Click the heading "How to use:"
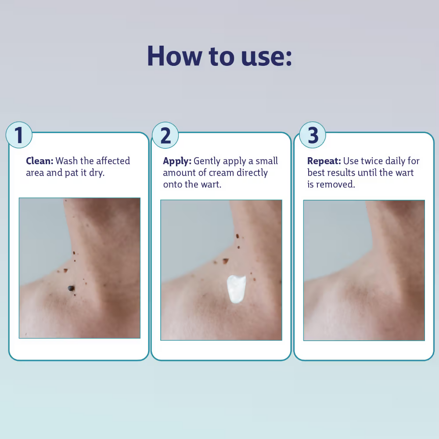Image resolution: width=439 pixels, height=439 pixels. click(219, 56)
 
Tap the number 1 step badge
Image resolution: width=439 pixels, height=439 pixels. click(19, 135)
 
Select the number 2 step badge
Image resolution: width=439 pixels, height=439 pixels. click(165, 135)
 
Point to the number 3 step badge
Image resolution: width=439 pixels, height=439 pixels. click(313, 135)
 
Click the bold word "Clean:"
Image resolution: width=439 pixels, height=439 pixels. click(40, 161)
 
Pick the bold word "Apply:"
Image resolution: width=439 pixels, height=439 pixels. click(177, 162)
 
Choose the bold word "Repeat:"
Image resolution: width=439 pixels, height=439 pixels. click(324, 162)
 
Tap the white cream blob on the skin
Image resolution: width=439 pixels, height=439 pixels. click(236, 289)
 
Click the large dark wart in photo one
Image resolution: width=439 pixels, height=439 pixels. click(72, 288)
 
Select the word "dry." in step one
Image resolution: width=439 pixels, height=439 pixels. click(97, 173)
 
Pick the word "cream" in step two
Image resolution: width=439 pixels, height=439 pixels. click(221, 173)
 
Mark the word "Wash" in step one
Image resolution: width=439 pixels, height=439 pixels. click(67, 161)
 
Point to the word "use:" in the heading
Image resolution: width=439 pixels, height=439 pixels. click(266, 57)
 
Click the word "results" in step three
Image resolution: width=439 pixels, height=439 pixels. click(343, 173)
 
